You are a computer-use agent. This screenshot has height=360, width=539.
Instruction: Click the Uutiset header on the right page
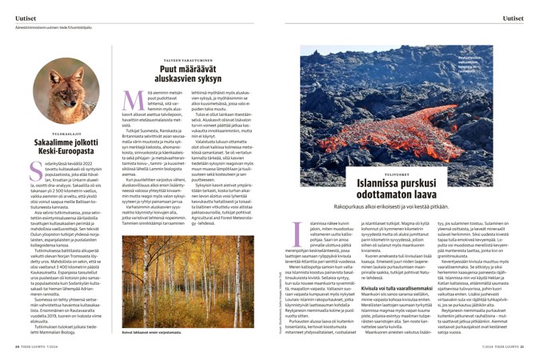pos(513,18)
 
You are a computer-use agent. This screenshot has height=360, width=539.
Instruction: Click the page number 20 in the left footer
pos(18,348)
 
